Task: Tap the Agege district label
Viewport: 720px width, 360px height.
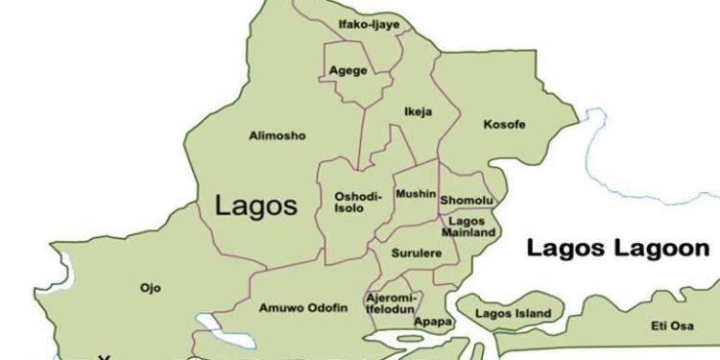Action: (x=347, y=71)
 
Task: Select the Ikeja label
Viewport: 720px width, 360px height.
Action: (x=418, y=111)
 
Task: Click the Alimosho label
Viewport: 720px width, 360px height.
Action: (x=276, y=136)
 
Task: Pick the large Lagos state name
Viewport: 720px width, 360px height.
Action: (x=256, y=204)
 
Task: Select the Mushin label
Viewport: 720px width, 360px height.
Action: (x=416, y=194)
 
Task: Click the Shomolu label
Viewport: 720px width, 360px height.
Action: (x=467, y=200)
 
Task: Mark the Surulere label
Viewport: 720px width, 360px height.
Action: (x=414, y=254)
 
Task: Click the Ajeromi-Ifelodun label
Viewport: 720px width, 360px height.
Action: (x=391, y=304)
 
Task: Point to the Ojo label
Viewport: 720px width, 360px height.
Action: (x=150, y=287)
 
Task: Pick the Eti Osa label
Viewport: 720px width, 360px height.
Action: (x=672, y=326)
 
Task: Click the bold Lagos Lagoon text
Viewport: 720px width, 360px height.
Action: (x=618, y=249)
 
